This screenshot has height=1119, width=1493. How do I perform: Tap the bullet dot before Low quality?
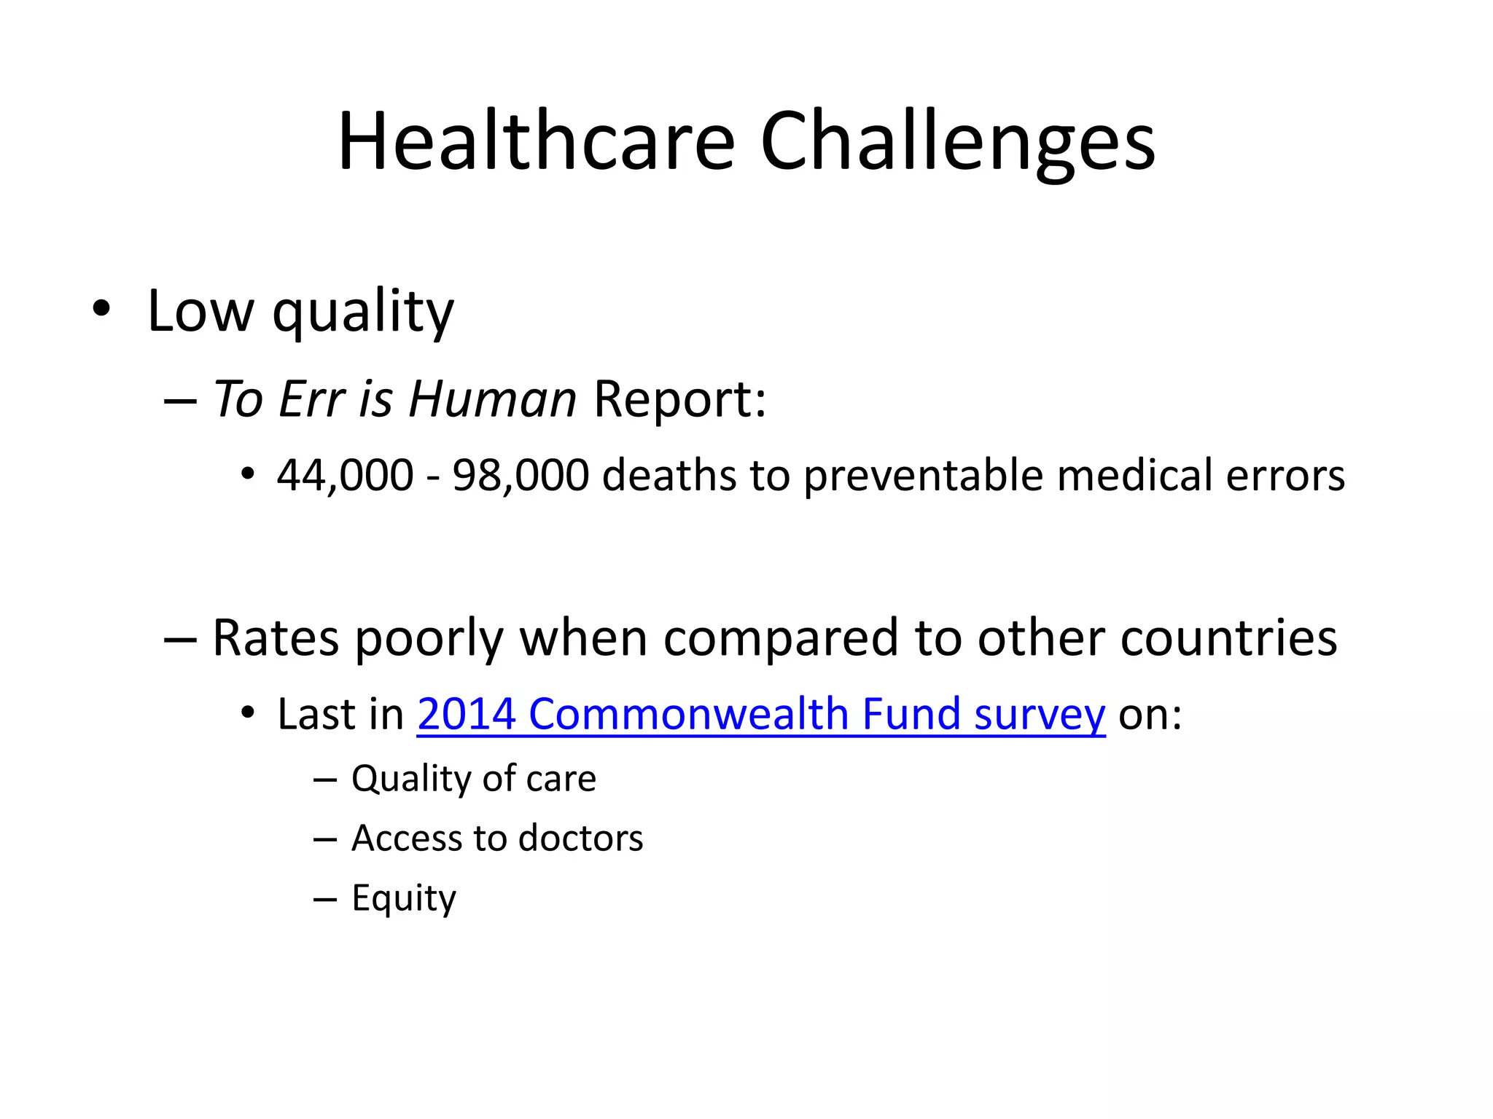[101, 309]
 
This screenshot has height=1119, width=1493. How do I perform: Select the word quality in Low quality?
[363, 312]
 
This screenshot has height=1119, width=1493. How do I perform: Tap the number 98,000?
[521, 476]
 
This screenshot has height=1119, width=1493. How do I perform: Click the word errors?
[1285, 476]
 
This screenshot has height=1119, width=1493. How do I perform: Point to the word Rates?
[276, 638]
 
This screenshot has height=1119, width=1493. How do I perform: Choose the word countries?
[1228, 638]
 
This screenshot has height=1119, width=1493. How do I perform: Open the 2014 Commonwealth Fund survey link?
[761, 714]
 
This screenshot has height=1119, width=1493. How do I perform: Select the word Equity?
[404, 898]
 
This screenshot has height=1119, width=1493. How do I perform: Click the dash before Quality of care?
[324, 780]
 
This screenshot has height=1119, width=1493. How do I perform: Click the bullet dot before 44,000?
[249, 475]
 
